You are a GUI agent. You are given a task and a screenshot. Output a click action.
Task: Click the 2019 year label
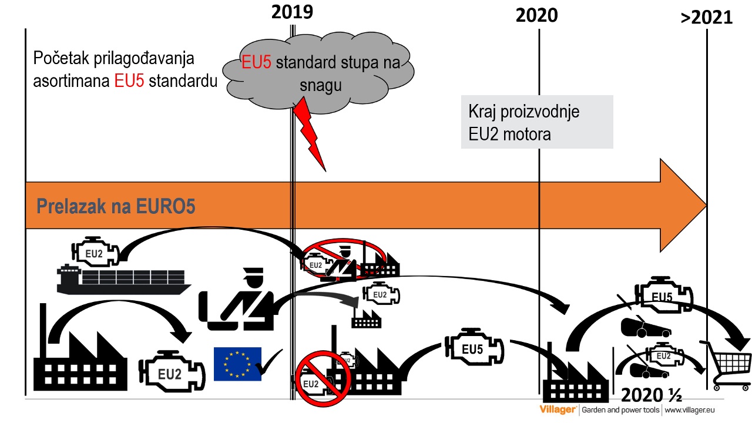[292, 12]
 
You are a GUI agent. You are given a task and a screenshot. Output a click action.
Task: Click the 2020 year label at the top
[536, 16]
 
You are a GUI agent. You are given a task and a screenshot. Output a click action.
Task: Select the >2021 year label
[707, 18]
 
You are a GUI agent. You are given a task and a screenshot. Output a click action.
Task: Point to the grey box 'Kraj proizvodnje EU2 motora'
[536, 122]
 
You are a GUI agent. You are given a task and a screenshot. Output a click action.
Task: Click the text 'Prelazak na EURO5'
[116, 207]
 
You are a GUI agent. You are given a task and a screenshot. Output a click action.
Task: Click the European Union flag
[237, 364]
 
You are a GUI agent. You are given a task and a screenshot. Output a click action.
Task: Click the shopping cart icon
[726, 365]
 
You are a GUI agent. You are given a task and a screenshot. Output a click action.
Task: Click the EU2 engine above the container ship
[95, 253]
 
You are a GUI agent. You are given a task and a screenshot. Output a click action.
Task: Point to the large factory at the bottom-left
[79, 358]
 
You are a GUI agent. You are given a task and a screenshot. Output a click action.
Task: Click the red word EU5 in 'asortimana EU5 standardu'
[129, 81]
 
